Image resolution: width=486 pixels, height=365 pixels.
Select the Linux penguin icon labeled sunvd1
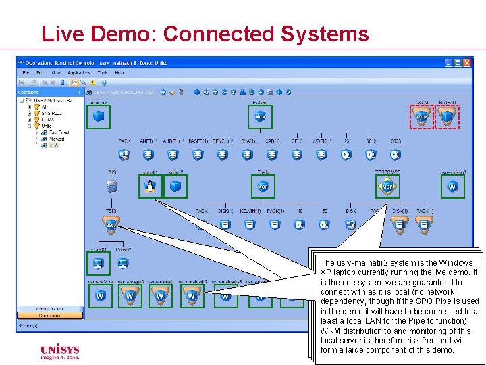click(x=149, y=187)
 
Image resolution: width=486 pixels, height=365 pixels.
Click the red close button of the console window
click(x=468, y=63)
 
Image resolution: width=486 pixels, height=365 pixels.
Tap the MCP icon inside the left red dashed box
click(x=422, y=117)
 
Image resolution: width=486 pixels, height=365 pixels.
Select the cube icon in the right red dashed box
click(x=447, y=117)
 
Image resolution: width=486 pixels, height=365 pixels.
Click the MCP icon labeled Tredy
click(x=263, y=187)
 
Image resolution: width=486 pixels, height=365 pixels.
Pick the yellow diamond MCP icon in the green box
click(x=387, y=187)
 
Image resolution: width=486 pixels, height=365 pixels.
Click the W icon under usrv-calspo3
click(x=452, y=187)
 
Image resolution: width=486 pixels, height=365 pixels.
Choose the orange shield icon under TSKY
click(x=111, y=224)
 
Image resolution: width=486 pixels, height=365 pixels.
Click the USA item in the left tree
click(x=54, y=145)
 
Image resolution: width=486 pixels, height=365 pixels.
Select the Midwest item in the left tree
click(x=57, y=139)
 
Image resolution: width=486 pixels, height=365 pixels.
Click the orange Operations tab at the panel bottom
click(x=49, y=315)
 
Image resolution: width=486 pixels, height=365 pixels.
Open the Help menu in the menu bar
click(x=119, y=72)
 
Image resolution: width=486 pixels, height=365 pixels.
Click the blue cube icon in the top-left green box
click(x=99, y=117)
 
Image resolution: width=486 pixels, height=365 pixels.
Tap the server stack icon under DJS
click(x=111, y=187)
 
